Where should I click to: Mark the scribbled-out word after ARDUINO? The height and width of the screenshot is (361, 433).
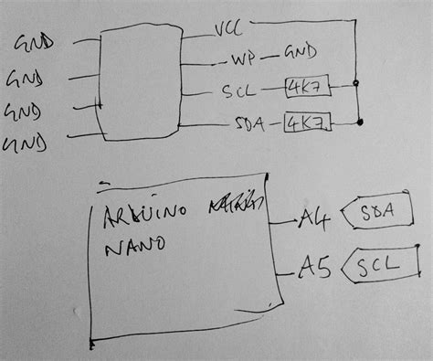point(236,204)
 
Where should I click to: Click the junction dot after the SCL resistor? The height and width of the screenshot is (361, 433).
point(355,85)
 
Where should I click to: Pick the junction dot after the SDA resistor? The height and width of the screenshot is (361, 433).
point(364,119)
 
